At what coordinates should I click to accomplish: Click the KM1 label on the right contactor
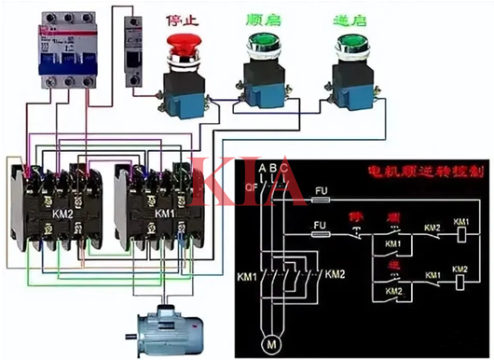click(x=165, y=214)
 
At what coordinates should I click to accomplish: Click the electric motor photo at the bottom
click(x=168, y=331)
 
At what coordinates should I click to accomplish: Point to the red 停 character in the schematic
click(x=355, y=215)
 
